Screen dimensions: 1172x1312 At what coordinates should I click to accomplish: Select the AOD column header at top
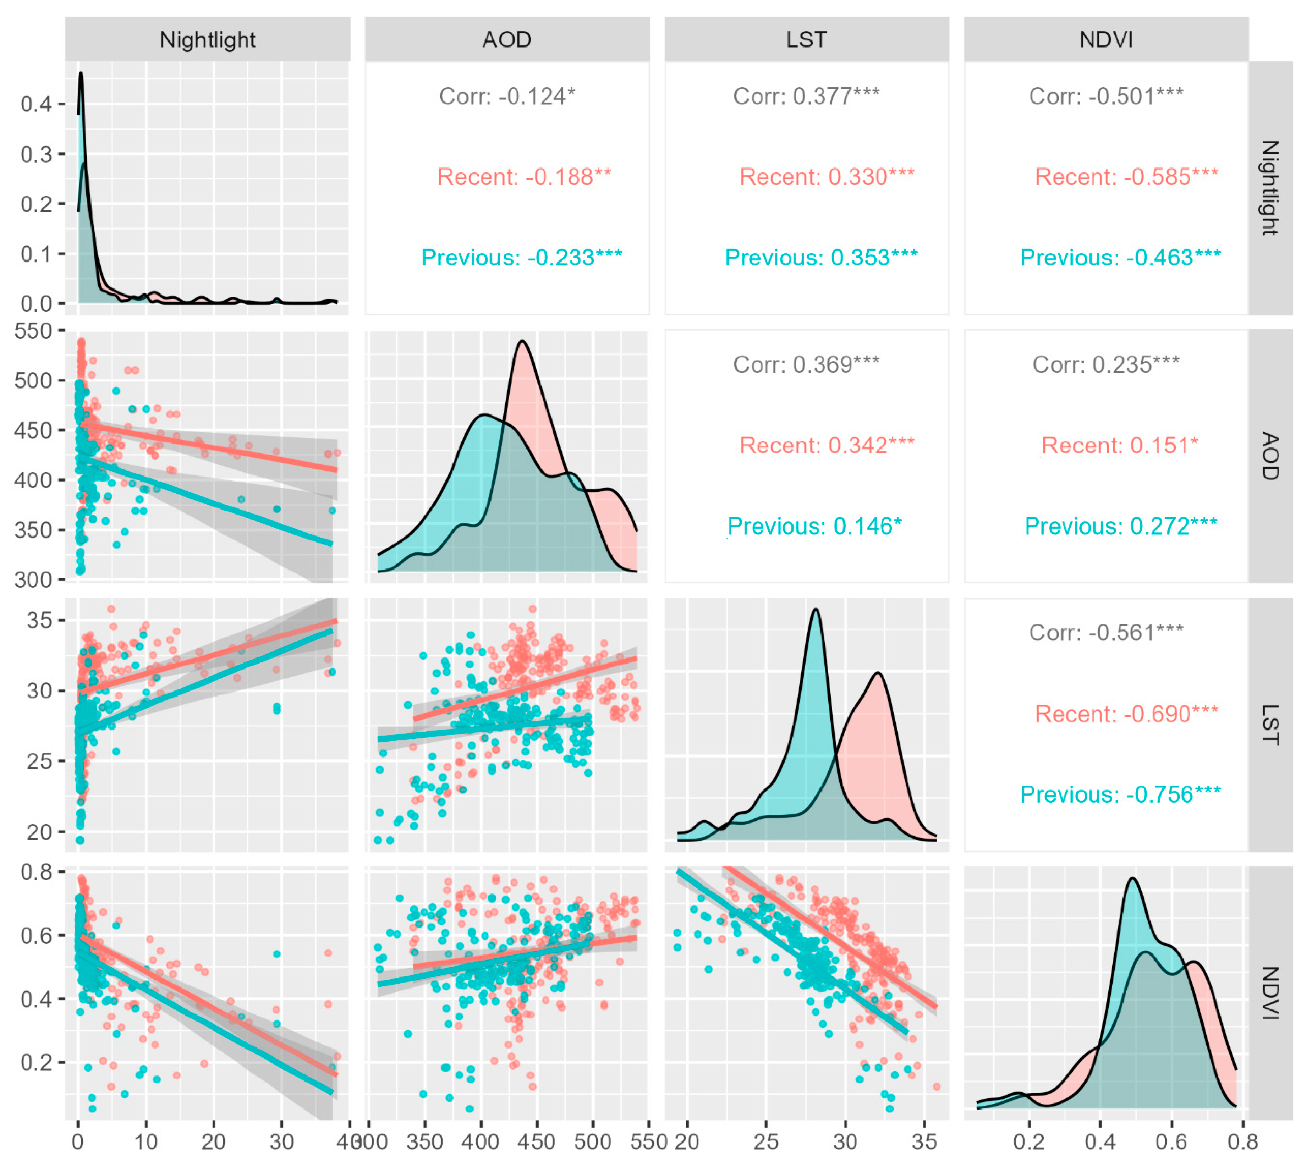507,40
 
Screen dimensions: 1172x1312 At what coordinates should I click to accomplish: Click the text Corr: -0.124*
507,97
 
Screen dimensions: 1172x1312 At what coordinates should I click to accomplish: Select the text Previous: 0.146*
814,526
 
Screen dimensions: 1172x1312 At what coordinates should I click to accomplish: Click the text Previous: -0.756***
1120,795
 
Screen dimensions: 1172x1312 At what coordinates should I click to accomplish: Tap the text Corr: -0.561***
1106,632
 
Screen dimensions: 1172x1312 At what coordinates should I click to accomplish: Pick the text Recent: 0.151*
1119,445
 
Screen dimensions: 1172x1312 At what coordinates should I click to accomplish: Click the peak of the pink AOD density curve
522,341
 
